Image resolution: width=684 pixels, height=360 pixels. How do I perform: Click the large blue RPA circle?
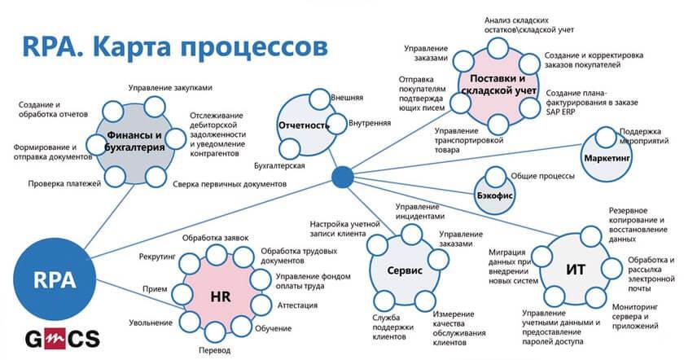pyautogui.click(x=42, y=281)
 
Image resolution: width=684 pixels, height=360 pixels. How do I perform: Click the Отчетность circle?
pyautogui.click(x=303, y=126)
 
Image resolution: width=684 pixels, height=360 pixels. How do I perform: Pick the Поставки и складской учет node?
pyautogui.click(x=498, y=84)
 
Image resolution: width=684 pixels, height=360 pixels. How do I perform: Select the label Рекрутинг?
pyautogui.click(x=154, y=257)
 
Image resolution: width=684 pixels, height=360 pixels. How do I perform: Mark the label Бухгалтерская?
pyautogui.click(x=277, y=165)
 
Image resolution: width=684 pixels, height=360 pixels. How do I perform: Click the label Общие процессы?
pyautogui.click(x=542, y=176)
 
